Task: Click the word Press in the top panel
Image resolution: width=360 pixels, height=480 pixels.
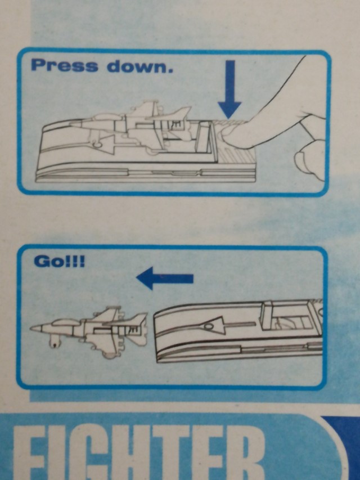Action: [x=65, y=65]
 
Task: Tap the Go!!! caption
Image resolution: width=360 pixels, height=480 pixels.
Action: [x=59, y=262]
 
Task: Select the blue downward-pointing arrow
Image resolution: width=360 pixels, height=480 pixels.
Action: [x=229, y=89]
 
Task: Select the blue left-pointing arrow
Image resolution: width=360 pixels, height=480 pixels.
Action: [x=165, y=278]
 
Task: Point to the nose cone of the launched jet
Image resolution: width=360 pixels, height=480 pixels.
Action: [x=36, y=329]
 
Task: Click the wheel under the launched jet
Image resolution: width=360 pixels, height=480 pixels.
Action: [x=54, y=342]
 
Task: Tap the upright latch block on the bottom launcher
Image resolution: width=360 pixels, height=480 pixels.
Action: [x=267, y=315]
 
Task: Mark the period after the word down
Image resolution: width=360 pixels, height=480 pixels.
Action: [x=170, y=71]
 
